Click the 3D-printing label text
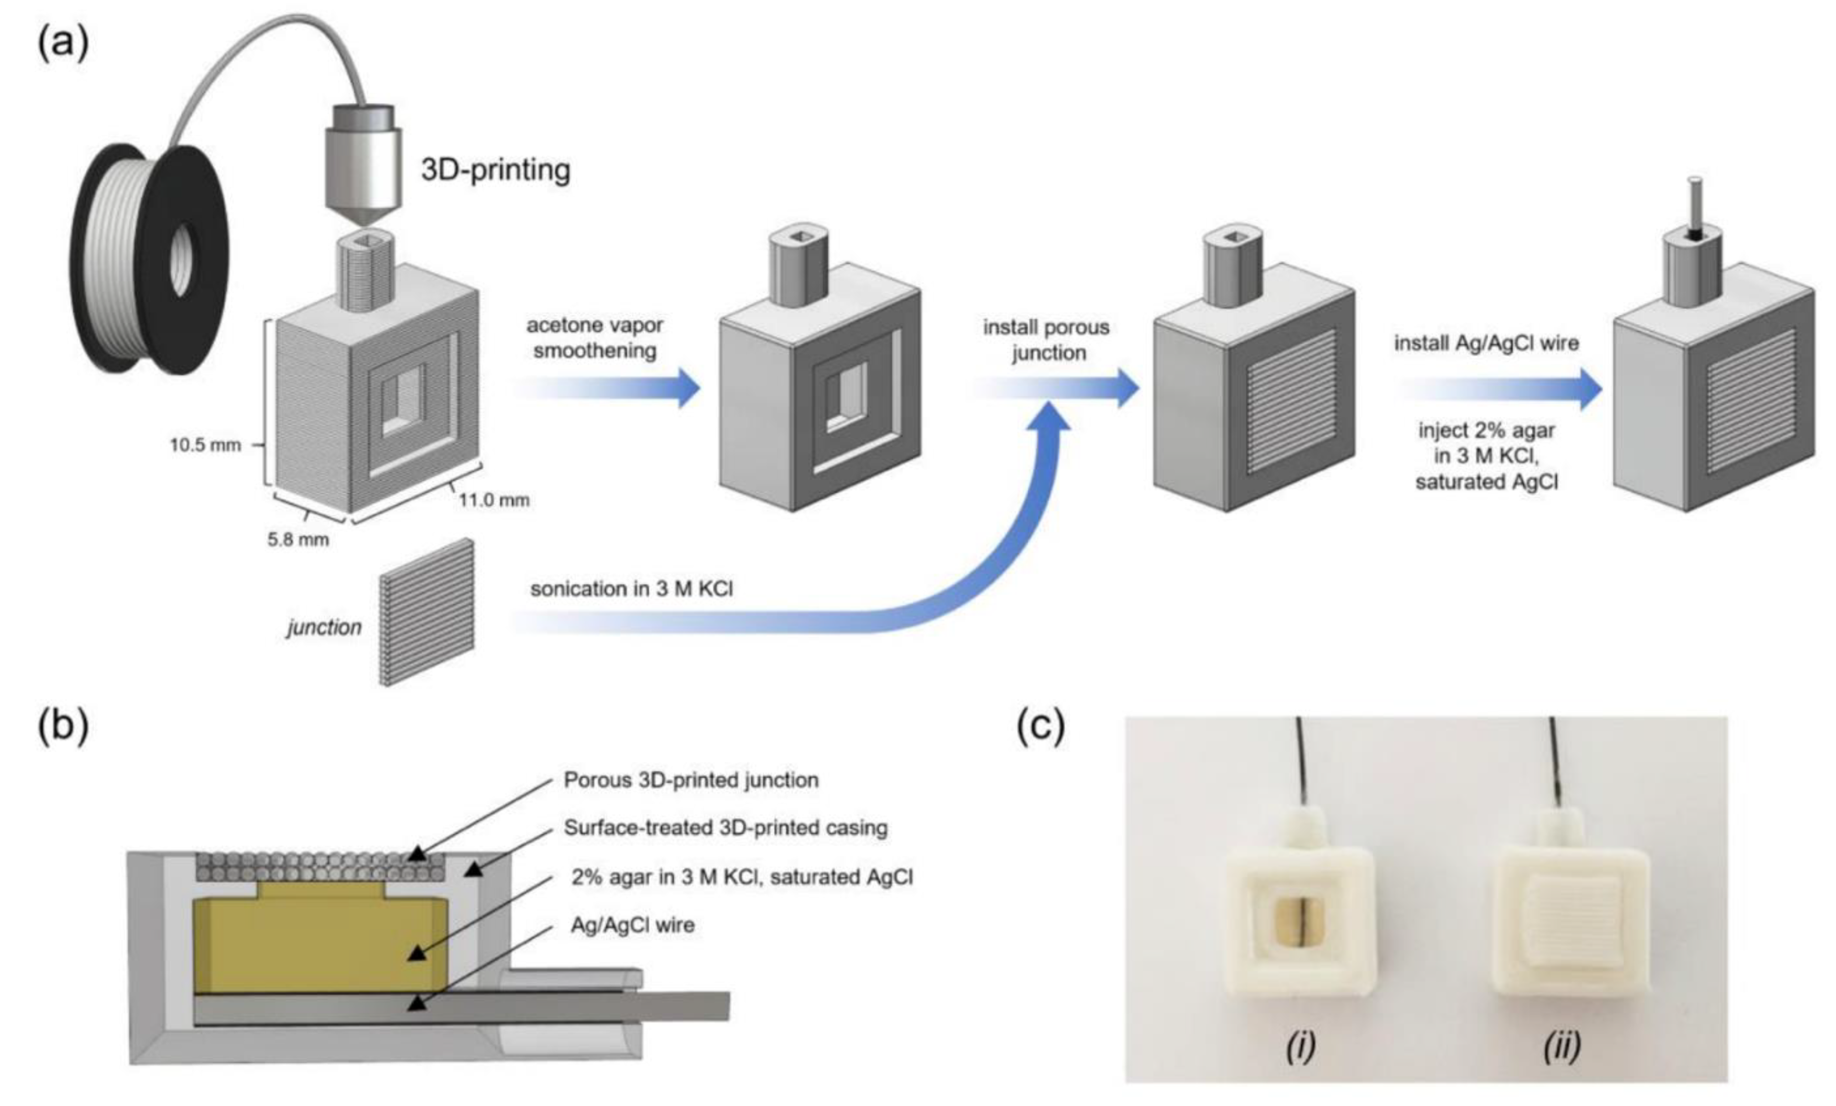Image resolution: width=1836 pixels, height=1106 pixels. tap(495, 170)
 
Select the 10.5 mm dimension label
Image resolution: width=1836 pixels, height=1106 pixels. tap(205, 445)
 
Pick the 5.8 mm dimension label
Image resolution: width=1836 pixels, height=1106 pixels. tap(298, 539)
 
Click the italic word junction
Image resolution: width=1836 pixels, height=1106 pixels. tap(324, 627)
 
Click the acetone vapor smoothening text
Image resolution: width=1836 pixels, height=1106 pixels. tap(594, 338)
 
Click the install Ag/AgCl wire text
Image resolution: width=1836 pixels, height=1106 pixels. tap(1486, 343)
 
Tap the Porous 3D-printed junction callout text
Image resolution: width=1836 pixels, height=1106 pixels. tap(691, 780)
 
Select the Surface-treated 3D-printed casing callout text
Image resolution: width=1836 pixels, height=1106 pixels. tap(726, 828)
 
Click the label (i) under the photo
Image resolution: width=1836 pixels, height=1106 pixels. tap(1300, 1046)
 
